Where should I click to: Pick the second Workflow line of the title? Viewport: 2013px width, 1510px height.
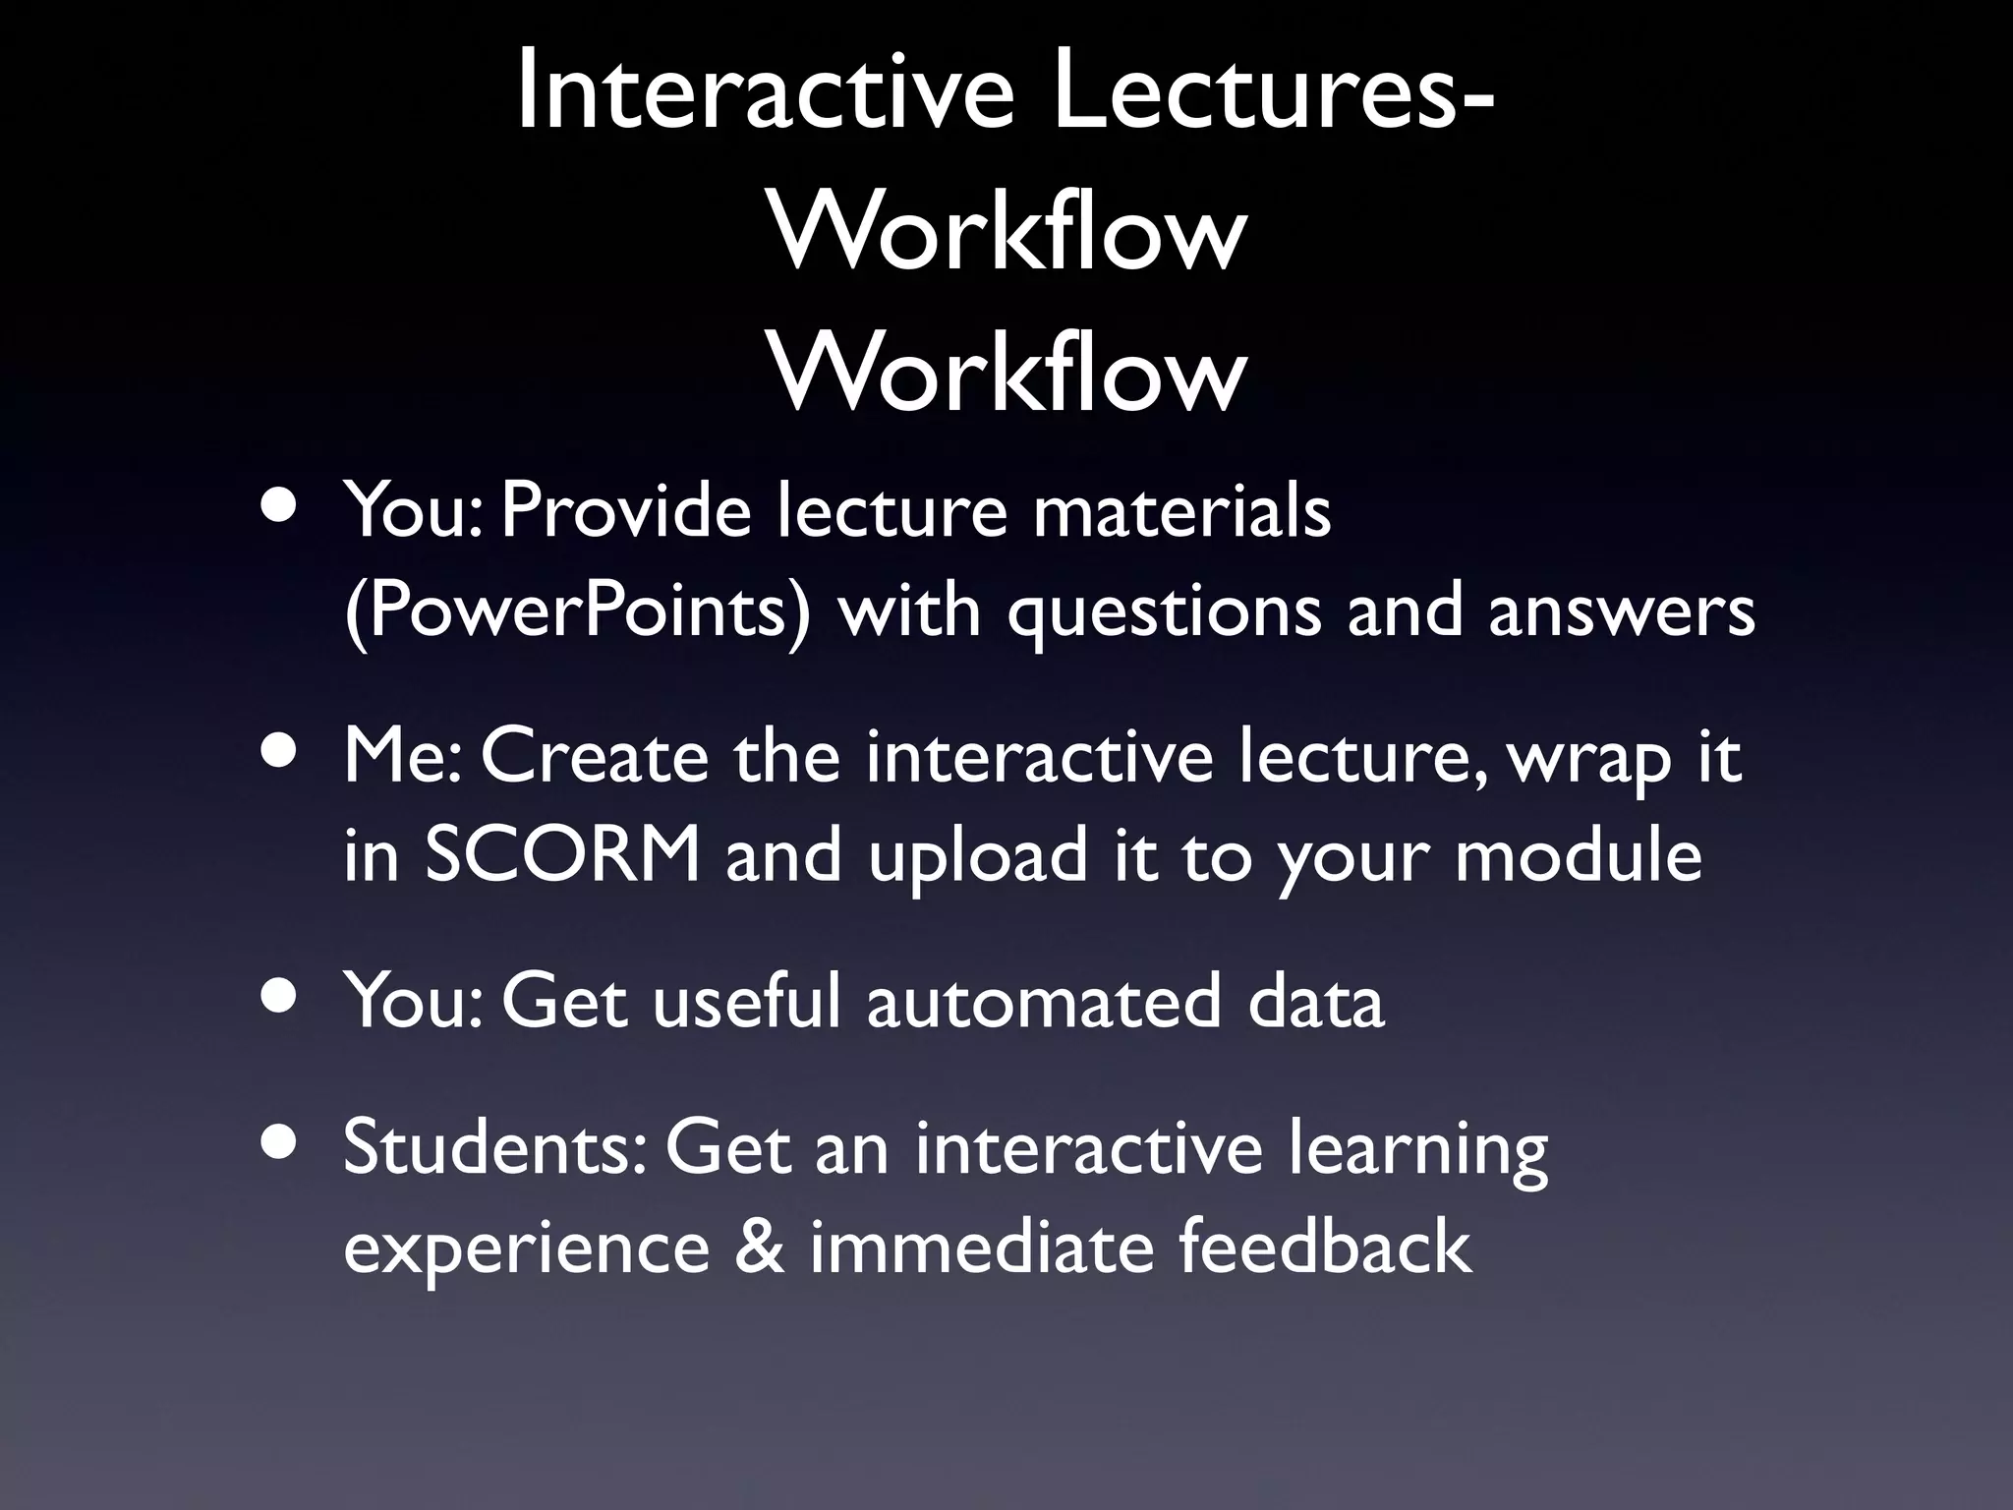click(1007, 375)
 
